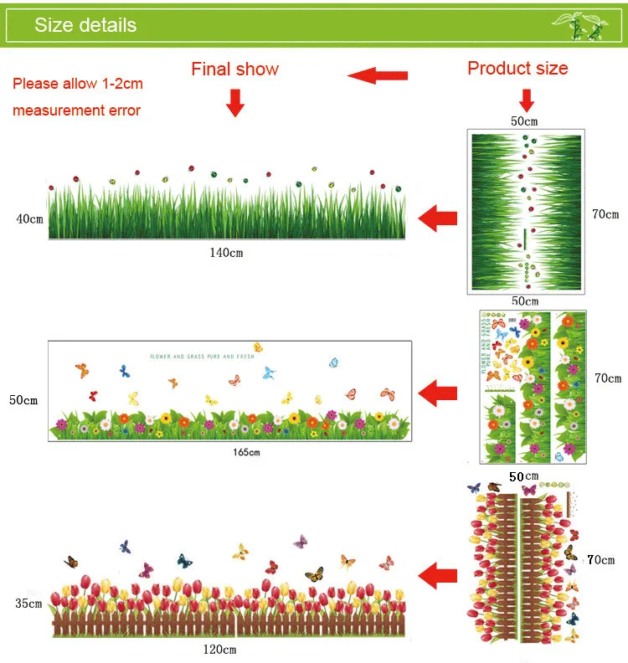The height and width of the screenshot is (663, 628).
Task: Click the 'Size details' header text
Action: [x=85, y=25]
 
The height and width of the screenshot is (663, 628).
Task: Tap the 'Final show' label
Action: [x=235, y=69]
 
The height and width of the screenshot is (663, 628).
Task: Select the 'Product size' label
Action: [x=517, y=69]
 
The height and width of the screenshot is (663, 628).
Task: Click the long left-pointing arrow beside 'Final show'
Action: [x=378, y=77]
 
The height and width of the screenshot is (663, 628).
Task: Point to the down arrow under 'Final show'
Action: [x=235, y=103]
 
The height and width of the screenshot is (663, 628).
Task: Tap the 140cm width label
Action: [x=226, y=253]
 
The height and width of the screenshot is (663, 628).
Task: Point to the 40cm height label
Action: [x=29, y=219]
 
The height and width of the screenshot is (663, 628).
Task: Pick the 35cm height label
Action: [x=28, y=604]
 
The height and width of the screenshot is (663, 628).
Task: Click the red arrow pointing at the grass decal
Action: [x=437, y=220]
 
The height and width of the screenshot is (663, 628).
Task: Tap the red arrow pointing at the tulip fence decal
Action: [x=437, y=575]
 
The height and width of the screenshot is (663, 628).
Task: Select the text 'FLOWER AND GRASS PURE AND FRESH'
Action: [x=201, y=357]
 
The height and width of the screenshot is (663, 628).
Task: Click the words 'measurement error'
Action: [x=76, y=110]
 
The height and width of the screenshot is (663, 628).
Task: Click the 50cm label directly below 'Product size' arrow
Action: [x=524, y=121]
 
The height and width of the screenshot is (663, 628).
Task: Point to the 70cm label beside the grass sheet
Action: [x=605, y=214]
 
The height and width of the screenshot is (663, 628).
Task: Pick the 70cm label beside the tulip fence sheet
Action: [x=600, y=560]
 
